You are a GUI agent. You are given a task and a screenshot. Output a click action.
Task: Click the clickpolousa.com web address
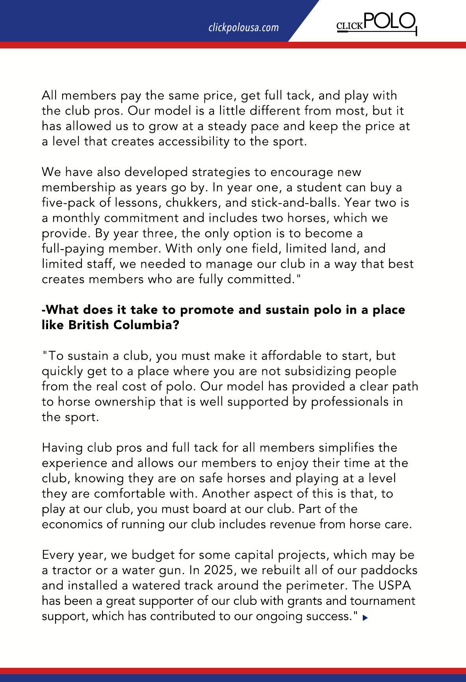(243, 28)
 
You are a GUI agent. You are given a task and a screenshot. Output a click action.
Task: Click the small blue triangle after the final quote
(365, 618)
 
